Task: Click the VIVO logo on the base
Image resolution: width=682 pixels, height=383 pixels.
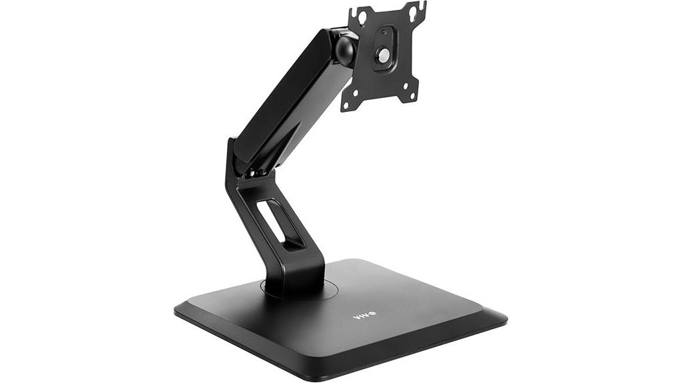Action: [x=364, y=316]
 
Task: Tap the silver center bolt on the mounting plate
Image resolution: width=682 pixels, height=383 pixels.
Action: [x=382, y=57]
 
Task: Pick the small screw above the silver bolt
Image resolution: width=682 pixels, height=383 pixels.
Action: [x=384, y=32]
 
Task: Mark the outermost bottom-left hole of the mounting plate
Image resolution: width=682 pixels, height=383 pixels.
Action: [x=346, y=105]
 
